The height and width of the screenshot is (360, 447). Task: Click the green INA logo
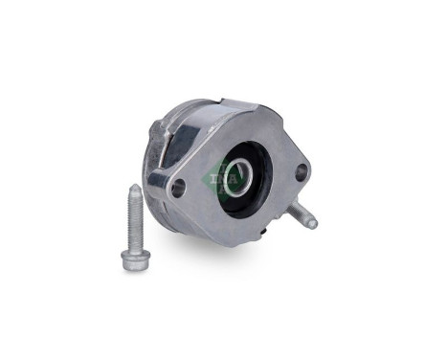click(219, 177)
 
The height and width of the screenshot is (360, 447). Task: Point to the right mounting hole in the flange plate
click(301, 173)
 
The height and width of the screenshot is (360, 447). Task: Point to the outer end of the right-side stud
click(312, 225)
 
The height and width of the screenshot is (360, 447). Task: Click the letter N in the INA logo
click(219, 177)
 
